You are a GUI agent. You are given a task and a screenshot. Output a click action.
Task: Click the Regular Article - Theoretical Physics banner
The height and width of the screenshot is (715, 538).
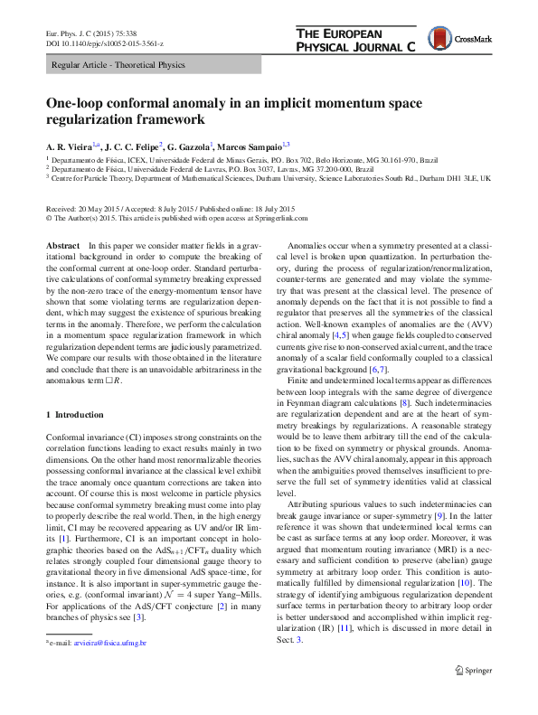coord(118,65)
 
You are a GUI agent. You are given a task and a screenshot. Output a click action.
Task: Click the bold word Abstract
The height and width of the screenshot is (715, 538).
coord(61,246)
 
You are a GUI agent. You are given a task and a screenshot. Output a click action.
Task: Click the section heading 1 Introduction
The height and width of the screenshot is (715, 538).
coord(74,414)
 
